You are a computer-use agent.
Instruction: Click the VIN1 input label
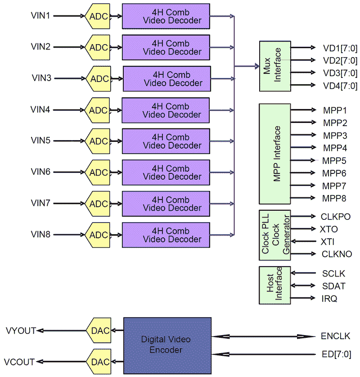pyautogui.click(x=40, y=16)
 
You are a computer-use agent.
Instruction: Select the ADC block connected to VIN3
pyautogui.click(x=99, y=79)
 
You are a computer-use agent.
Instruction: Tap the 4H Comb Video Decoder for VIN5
pyautogui.click(x=166, y=141)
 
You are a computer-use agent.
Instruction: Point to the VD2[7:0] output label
pyautogui.click(x=340, y=60)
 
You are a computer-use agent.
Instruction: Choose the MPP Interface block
pyautogui.click(x=275, y=154)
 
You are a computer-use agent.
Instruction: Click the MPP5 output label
pyautogui.click(x=334, y=160)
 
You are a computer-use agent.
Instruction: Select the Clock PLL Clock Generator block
pyautogui.click(x=275, y=235)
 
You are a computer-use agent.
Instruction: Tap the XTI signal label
pyautogui.click(x=327, y=241)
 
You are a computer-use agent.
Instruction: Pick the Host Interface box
pyautogui.click(x=275, y=285)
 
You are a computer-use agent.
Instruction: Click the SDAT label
pyautogui.click(x=333, y=286)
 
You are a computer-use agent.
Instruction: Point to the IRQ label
pyautogui.click(x=329, y=299)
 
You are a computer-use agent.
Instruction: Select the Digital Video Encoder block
pyautogui.click(x=167, y=345)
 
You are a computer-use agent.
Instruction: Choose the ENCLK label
pyautogui.click(x=335, y=336)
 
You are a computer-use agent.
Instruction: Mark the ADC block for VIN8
pyautogui.click(x=99, y=235)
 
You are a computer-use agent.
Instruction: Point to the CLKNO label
pyautogui.click(x=337, y=254)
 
